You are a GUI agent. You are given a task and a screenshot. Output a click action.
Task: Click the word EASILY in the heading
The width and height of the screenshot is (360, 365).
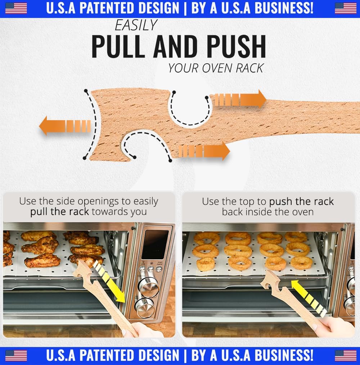[x=136, y=25]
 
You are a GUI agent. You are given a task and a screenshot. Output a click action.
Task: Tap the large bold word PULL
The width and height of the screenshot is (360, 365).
[x=119, y=46]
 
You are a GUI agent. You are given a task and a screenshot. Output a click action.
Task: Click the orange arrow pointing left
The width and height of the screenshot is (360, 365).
[x=65, y=126]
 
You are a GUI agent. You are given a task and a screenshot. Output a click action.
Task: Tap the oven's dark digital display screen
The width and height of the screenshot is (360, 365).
[x=154, y=245]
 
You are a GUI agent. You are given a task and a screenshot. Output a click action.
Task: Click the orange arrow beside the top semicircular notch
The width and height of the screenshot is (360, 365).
[x=238, y=99]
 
